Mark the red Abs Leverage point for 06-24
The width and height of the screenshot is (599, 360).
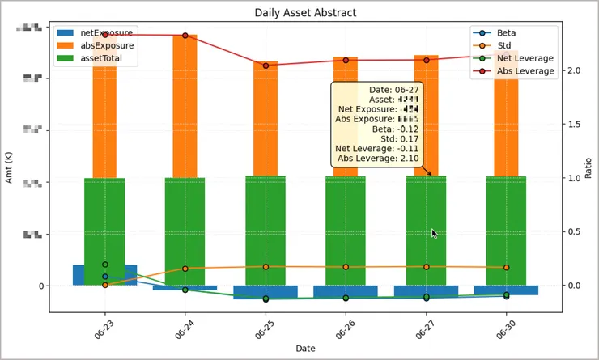pyautogui.click(x=185, y=36)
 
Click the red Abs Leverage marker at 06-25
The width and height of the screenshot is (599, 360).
pyautogui.click(x=266, y=66)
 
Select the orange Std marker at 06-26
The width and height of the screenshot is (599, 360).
pyautogui.click(x=346, y=267)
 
